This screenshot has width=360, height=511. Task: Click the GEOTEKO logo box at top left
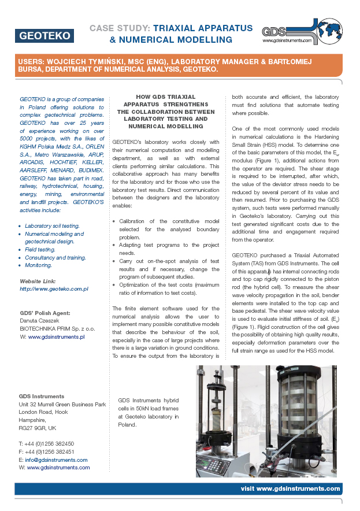point(44,35)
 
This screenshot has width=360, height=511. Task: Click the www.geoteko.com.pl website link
point(54,288)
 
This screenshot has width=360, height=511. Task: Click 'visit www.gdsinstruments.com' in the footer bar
point(290,488)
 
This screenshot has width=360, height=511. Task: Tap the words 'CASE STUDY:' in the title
point(120,28)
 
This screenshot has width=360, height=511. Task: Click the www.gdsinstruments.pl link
point(56,336)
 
